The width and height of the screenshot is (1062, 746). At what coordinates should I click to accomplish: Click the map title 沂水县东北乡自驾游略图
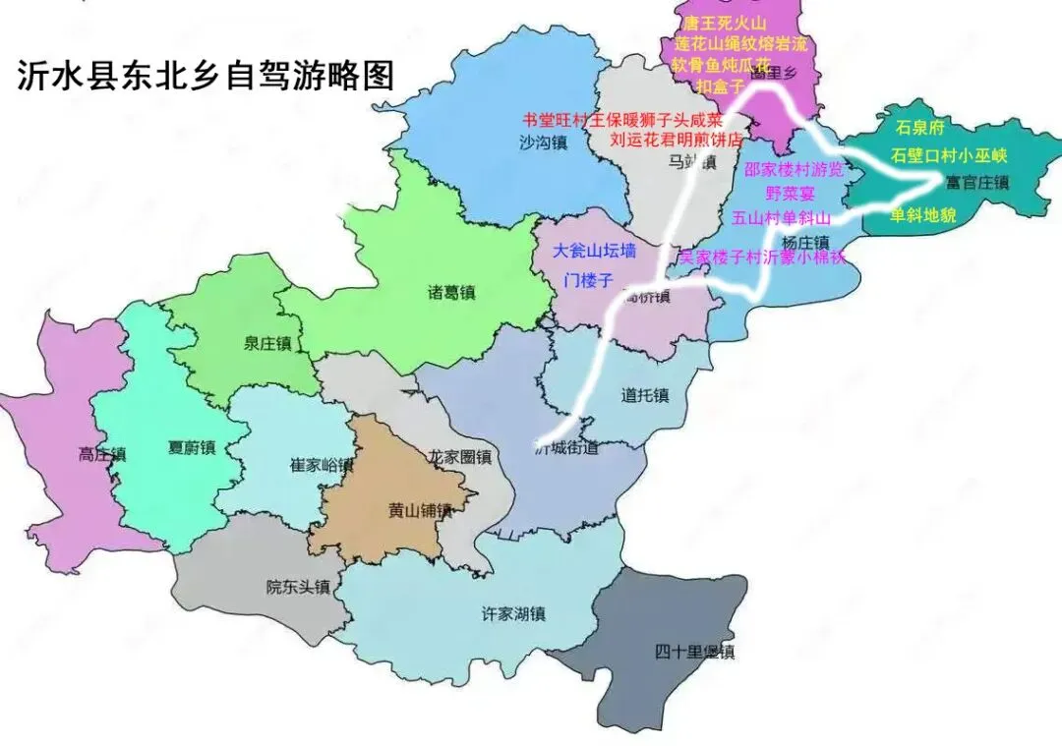206,77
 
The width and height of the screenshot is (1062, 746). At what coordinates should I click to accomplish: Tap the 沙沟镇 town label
544,143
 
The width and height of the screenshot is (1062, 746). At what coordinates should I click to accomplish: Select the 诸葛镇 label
451,293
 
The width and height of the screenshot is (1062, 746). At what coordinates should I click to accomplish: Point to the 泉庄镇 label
267,343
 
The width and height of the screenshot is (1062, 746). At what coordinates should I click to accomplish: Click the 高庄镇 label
102,454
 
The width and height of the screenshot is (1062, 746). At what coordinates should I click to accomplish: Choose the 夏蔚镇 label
191,447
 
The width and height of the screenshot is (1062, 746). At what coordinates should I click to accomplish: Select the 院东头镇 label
298,587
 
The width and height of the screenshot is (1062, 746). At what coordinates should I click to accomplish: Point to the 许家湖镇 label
513,614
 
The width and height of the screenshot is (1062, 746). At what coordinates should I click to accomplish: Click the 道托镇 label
645,395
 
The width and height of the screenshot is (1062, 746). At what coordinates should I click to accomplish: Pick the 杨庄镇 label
806,242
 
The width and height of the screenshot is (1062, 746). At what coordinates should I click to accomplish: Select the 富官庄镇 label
977,183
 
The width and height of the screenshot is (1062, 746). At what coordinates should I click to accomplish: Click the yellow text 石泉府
919,128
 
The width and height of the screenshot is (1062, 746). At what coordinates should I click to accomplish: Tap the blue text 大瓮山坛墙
595,251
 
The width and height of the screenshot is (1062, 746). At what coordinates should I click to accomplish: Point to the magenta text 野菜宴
793,194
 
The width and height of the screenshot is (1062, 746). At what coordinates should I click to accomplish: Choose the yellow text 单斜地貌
922,215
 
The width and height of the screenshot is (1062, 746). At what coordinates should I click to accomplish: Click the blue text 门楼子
588,280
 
